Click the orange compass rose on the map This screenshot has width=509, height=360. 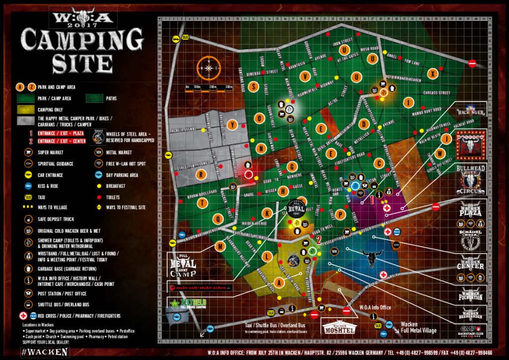point(209,68)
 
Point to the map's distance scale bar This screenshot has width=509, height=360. point(209,89)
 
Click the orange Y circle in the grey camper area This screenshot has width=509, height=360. point(232,125)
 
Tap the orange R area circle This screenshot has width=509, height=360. point(201,174)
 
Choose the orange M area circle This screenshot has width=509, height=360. point(220,246)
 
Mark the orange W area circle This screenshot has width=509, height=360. point(439,154)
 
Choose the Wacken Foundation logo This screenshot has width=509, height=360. point(470,294)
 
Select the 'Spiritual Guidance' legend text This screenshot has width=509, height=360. point(56,164)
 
